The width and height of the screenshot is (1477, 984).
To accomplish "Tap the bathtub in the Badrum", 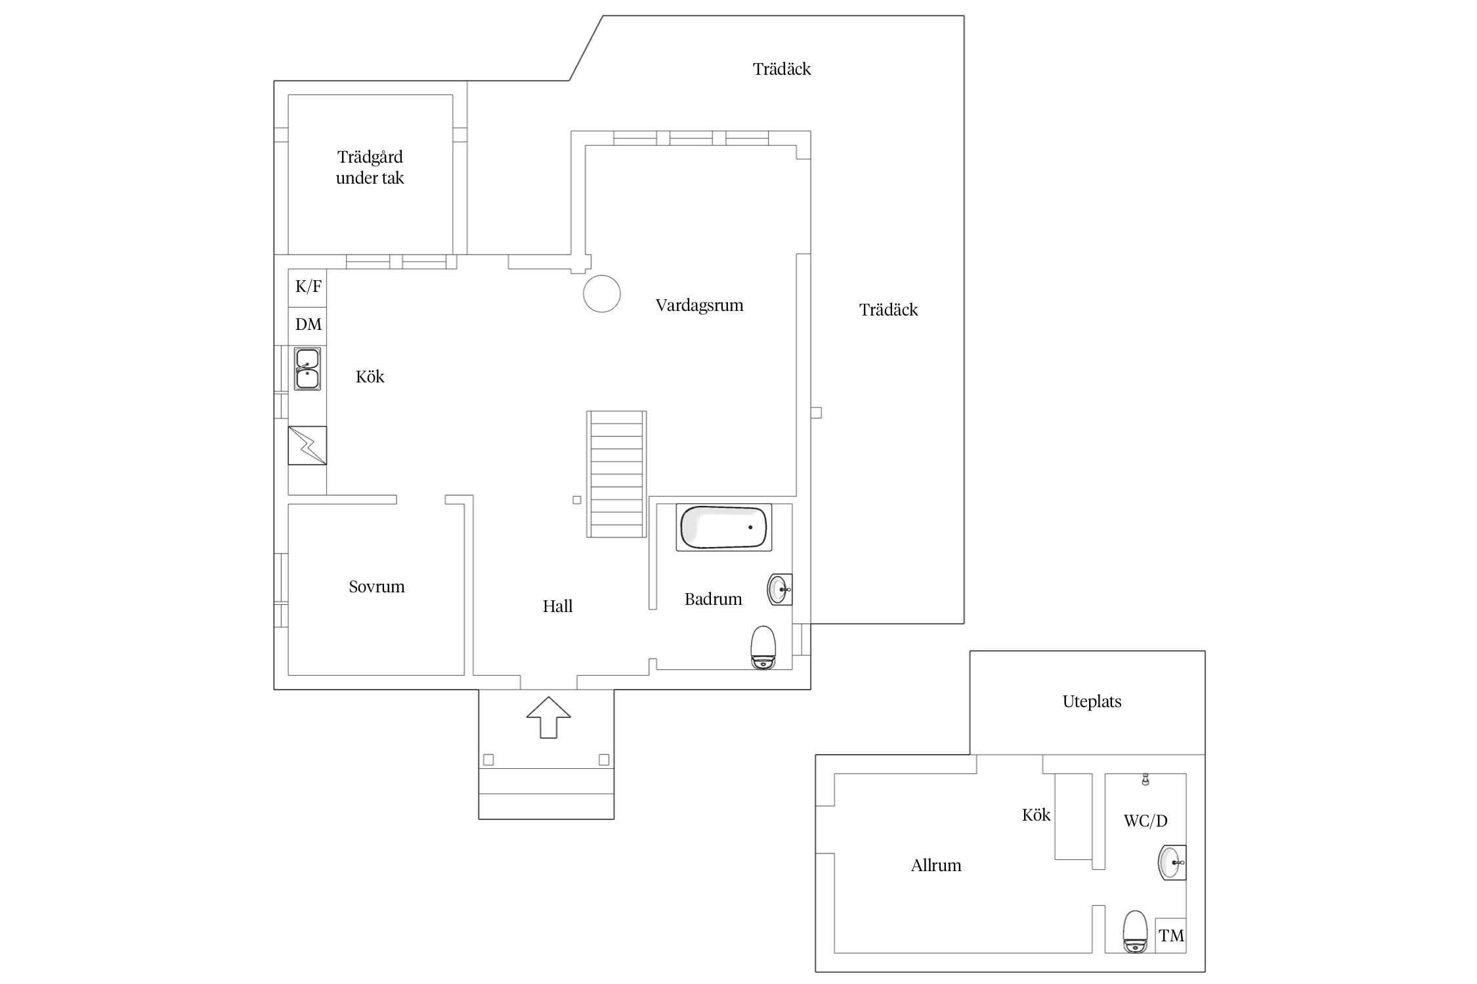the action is click(x=723, y=527).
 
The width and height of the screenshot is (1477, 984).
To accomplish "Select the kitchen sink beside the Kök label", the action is click(x=307, y=369).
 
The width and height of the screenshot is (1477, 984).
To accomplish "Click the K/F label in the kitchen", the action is click(x=309, y=287).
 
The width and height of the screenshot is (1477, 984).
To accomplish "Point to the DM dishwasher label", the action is click(x=309, y=324).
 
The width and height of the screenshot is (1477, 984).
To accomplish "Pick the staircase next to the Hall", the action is click(x=616, y=474).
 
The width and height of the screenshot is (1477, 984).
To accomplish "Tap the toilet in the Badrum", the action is click(x=763, y=647).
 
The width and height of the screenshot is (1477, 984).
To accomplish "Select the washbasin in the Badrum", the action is click(x=780, y=590).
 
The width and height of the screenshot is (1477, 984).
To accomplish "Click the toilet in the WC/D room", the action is click(x=1135, y=932).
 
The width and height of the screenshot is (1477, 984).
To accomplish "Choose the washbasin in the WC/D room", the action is click(x=1172, y=863).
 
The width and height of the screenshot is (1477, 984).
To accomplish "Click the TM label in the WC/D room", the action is click(x=1171, y=935).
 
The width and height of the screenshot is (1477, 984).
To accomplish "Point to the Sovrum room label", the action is click(x=377, y=586).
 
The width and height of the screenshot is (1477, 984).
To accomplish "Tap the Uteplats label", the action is click(x=1092, y=702).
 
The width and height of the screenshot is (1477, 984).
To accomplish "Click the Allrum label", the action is click(x=936, y=865).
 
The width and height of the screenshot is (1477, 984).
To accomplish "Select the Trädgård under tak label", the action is click(x=370, y=167).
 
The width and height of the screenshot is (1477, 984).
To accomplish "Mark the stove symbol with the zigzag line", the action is click(x=307, y=445).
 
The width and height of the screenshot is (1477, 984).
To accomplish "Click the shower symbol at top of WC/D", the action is click(x=1145, y=779).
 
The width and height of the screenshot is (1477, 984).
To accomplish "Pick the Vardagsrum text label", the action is click(x=700, y=305).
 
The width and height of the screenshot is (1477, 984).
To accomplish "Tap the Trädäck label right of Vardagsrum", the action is click(x=889, y=310).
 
